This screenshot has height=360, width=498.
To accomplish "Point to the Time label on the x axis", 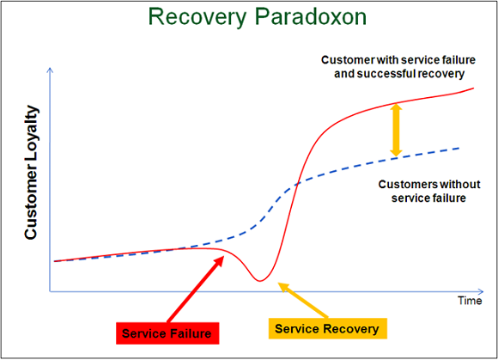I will point(469,301).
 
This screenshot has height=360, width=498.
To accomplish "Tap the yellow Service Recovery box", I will point(326,328).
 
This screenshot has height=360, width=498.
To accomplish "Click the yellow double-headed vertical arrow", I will point(396,130).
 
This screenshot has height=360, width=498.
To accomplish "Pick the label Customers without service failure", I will point(422,191).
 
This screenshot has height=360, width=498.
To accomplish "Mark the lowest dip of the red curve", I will point(259,280).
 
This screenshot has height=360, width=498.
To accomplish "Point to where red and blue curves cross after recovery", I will point(295,182).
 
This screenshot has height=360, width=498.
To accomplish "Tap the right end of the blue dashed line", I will point(459,147).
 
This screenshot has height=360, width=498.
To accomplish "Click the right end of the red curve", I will point(473,88).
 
